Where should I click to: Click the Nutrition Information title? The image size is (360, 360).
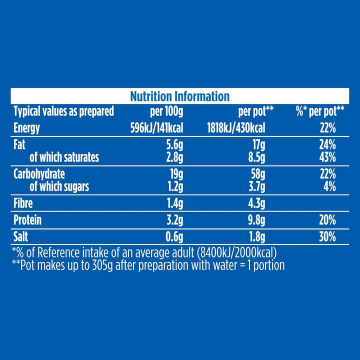click(179, 96)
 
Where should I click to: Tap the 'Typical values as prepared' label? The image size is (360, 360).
click(63, 111)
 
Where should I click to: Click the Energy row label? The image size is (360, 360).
click(26, 128)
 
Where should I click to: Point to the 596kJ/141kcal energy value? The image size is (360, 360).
click(155, 128)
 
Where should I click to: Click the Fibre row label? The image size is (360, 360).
click(23, 204)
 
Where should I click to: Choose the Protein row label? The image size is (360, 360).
click(27, 220)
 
